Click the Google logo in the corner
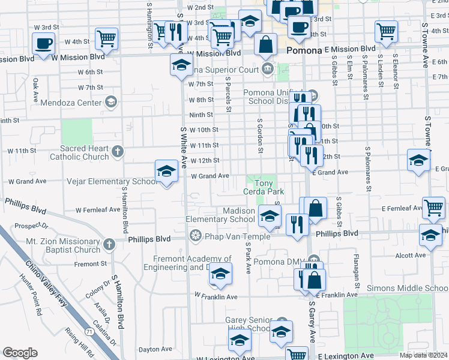(20, 353)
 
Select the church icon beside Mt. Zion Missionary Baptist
(109, 244)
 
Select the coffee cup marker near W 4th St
(43, 44)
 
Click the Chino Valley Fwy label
(47, 282)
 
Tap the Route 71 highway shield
(88, 331)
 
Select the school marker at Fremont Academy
(220, 274)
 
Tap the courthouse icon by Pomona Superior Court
(267, 70)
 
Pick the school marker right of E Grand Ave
(418, 160)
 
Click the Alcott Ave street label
(411, 255)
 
